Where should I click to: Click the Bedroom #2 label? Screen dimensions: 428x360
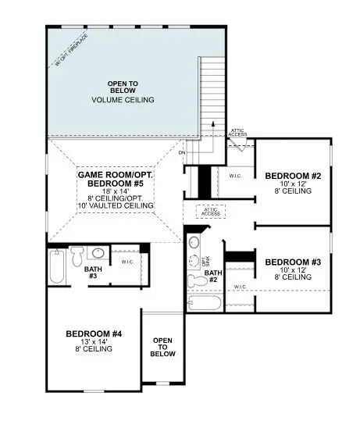coord(293,176)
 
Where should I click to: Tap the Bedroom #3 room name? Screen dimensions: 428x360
coord(293,262)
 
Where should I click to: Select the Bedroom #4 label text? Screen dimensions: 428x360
coord(94,333)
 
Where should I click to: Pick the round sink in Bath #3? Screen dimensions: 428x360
coord(98,254)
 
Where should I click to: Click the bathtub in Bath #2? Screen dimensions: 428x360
coord(204,303)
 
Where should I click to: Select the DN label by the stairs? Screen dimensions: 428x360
coord(182,153)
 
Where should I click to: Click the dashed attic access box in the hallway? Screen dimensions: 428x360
coord(210,211)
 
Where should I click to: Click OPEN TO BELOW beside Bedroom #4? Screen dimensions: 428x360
coord(162,346)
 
